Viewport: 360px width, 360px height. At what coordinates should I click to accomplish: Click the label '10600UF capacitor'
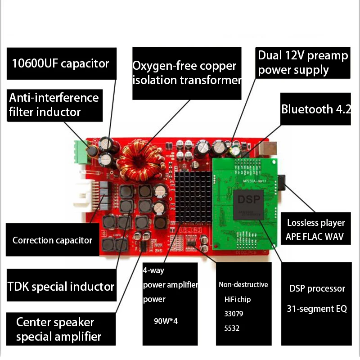tap(61, 63)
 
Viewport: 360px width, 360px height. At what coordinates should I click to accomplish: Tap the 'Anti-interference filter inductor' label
tap(54, 104)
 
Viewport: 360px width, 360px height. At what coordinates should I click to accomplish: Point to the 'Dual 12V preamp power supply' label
tap(302, 63)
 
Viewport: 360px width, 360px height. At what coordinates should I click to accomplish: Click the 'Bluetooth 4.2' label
tap(315, 109)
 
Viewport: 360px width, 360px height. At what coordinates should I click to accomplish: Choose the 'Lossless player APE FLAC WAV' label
tap(315, 229)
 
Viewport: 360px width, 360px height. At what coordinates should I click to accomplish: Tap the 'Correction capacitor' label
tap(52, 240)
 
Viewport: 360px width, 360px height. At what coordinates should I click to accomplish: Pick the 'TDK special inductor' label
tap(61, 286)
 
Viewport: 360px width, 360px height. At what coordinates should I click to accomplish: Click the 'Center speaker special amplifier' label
tap(58, 329)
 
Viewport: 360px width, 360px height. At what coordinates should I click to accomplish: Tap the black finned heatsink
tap(192, 196)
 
